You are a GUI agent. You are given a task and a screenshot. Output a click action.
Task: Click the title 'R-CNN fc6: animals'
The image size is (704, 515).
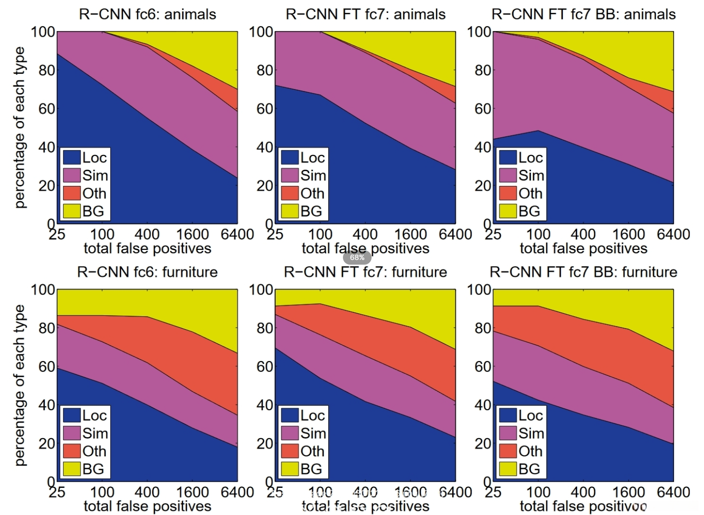click(x=147, y=14)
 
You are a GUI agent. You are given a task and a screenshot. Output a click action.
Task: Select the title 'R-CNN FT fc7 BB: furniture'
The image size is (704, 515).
click(x=583, y=272)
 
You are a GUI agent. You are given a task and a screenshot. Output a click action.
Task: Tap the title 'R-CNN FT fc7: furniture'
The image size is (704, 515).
click(x=365, y=272)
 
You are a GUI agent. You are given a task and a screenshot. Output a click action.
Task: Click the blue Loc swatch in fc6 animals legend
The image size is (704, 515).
click(x=72, y=157)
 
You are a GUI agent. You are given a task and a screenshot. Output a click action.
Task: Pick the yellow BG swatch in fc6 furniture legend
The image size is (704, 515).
click(x=72, y=469)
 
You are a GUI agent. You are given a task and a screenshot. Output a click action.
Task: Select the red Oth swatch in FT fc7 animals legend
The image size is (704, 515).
click(x=290, y=193)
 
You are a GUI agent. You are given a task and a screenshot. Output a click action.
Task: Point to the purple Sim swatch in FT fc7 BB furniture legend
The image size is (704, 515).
click(x=507, y=433)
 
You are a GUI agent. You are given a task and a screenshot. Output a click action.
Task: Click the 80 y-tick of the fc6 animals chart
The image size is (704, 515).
click(x=46, y=71)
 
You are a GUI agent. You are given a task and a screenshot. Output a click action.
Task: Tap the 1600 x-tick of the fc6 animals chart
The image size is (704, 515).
click(x=192, y=235)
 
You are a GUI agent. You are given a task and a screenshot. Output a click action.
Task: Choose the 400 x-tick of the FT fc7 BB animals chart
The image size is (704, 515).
click(x=583, y=235)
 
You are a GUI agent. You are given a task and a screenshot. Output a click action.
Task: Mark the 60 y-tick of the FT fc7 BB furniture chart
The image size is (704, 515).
click(x=482, y=367)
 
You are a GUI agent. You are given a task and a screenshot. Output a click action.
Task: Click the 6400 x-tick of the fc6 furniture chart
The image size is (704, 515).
click(x=237, y=492)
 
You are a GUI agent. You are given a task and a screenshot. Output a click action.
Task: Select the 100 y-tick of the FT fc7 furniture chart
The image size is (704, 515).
click(x=261, y=290)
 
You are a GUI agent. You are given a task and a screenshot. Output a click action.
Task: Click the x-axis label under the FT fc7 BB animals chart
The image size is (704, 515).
click(x=583, y=248)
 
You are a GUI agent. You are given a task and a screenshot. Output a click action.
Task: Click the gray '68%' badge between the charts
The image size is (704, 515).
click(x=357, y=257)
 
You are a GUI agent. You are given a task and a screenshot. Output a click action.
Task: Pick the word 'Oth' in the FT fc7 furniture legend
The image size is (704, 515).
click(x=312, y=451)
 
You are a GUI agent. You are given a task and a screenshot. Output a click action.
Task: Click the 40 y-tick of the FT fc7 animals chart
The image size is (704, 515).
click(x=264, y=147)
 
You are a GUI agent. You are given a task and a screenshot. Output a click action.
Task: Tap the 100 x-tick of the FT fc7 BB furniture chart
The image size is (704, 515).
click(x=538, y=492)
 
